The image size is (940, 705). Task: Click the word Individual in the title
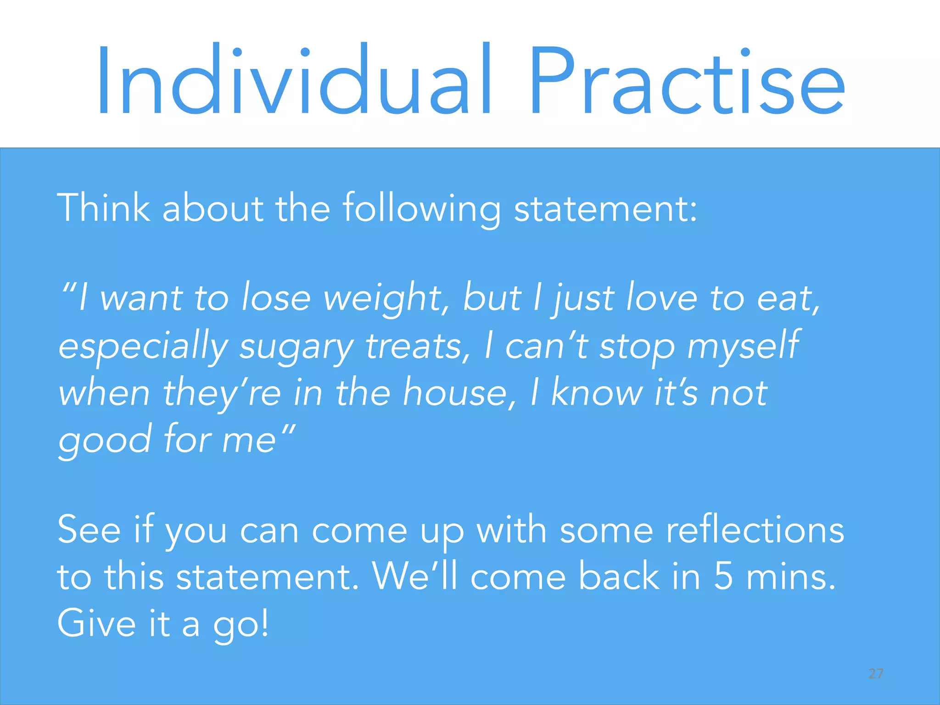(294, 80)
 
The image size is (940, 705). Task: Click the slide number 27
(876, 674)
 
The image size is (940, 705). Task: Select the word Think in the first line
(103, 208)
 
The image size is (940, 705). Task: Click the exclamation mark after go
(264, 623)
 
